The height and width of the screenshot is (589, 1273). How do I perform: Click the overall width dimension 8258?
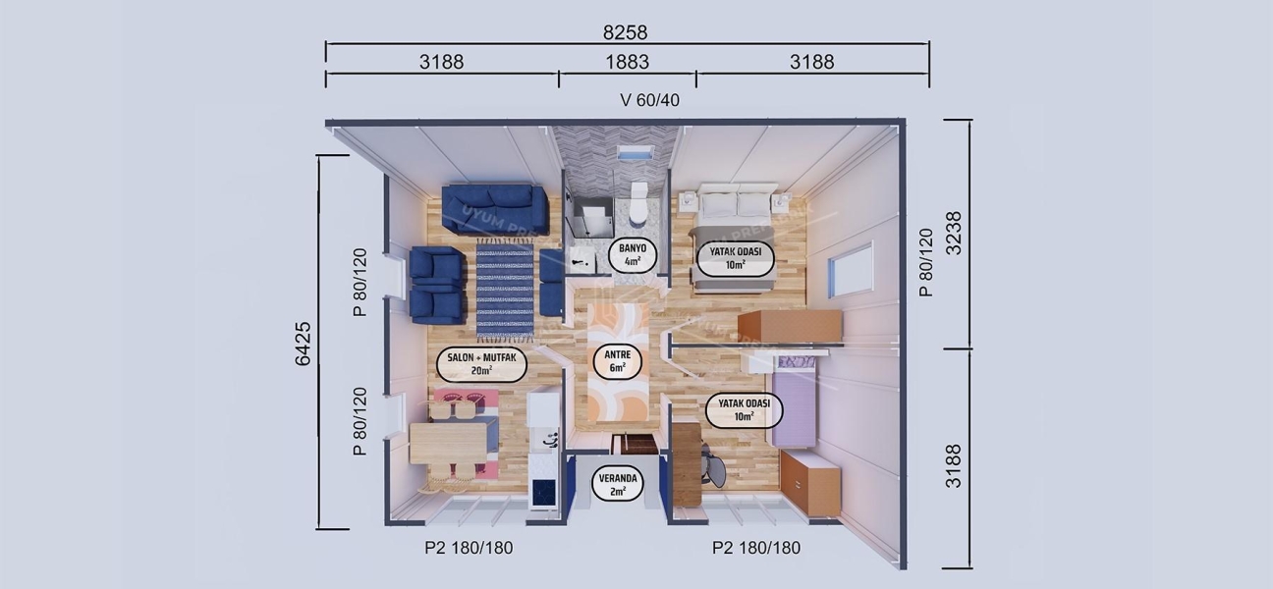click(x=625, y=32)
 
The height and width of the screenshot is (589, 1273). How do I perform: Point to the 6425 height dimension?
click(x=303, y=344)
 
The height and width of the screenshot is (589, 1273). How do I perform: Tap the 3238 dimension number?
click(x=952, y=233)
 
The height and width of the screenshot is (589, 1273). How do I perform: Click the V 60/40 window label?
click(x=649, y=100)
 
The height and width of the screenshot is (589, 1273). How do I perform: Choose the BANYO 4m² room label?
click(x=626, y=254)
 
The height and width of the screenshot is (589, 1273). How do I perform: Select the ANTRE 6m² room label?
click(x=617, y=360)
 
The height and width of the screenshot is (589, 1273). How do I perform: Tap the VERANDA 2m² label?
click(x=618, y=484)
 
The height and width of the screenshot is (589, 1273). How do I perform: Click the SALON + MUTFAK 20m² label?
click(x=481, y=364)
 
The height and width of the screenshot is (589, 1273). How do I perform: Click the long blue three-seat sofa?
click(x=494, y=207)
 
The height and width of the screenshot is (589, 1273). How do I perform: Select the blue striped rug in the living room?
click(x=505, y=290)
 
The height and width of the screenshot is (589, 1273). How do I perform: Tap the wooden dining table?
click(x=449, y=443)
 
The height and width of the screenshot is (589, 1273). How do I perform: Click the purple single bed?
click(x=795, y=402)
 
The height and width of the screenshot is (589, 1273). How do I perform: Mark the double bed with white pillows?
click(x=735, y=239)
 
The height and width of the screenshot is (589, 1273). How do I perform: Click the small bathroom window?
click(x=636, y=154)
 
